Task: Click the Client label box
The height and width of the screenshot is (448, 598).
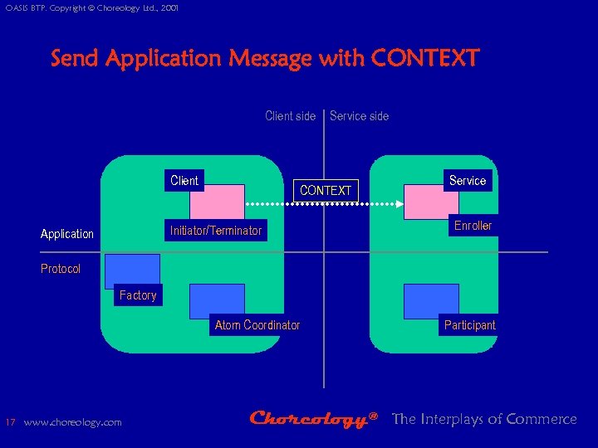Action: point(184,180)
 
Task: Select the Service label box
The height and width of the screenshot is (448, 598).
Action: point(468,180)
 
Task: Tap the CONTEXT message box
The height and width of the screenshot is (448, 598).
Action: point(326,190)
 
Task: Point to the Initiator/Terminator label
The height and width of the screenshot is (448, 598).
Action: point(216,231)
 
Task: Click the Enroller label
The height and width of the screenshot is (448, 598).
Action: point(473,226)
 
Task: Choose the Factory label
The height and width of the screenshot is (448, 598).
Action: point(138,295)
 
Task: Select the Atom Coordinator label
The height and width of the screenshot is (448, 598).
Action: point(257,325)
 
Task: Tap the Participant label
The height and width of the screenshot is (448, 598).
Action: point(469,325)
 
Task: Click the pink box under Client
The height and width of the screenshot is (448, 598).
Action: point(217,202)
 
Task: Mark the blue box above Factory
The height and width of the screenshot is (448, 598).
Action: point(132,270)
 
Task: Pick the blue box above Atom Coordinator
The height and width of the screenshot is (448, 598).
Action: point(217,300)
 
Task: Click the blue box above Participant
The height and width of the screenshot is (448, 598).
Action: point(431,300)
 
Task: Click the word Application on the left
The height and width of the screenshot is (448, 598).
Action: point(67,234)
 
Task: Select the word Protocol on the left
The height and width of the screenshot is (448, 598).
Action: point(61,269)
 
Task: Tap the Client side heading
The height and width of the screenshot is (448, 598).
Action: point(290,116)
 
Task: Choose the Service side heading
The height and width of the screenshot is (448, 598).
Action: point(359,116)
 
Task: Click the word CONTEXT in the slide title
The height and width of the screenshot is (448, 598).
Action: point(425,59)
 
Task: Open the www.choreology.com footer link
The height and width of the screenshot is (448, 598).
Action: point(72,422)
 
